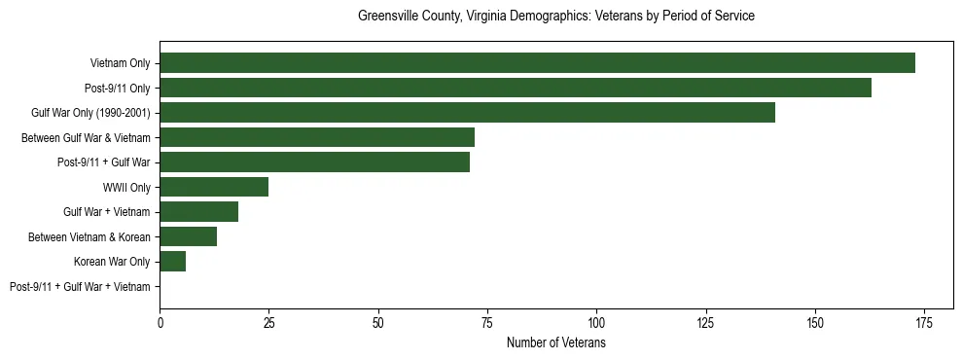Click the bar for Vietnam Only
tap(537, 63)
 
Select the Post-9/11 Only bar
tap(516, 88)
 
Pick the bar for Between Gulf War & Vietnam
tap(317, 137)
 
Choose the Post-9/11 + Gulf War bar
tap(314, 162)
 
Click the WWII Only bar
tap(214, 187)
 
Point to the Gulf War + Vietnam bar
tap(198, 212)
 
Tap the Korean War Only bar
tap(172, 262)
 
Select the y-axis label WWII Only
tap(126, 187)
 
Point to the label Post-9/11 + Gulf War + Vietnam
tap(80, 286)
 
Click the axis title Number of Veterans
tap(555, 342)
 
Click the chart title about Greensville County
tap(555, 17)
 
